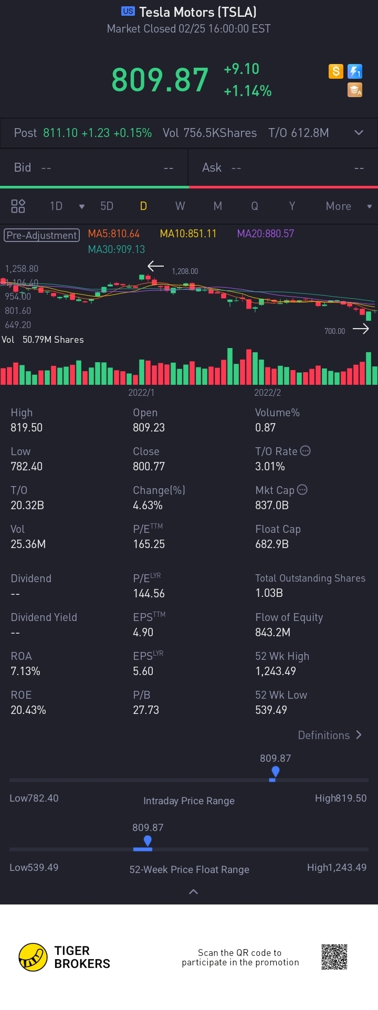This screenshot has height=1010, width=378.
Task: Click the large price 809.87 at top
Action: click(x=160, y=80)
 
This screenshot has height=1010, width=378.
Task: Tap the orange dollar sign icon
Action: click(x=335, y=71)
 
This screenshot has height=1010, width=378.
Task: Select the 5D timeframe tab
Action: click(x=107, y=206)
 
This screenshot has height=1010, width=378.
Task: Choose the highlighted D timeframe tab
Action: click(x=143, y=206)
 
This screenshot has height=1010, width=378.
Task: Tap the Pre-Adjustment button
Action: click(x=42, y=235)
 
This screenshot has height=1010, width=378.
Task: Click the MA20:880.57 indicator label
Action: click(x=265, y=234)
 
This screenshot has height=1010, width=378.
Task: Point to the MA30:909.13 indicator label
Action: click(x=116, y=249)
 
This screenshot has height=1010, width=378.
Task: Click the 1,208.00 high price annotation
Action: click(x=185, y=271)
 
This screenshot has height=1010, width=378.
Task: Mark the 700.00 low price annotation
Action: click(x=334, y=331)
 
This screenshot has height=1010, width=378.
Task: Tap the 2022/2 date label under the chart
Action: click(x=267, y=393)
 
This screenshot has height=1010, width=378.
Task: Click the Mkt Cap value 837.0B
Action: click(x=272, y=505)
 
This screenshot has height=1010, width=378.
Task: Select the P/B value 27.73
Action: click(x=146, y=710)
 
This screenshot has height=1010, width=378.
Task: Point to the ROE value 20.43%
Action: click(x=28, y=710)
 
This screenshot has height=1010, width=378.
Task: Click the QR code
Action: click(x=334, y=957)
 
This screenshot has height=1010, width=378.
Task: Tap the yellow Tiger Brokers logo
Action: click(x=33, y=957)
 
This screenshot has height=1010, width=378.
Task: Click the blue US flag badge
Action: click(x=128, y=11)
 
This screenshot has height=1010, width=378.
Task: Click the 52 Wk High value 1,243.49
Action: click(x=276, y=671)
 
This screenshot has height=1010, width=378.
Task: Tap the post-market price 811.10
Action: click(x=60, y=133)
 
